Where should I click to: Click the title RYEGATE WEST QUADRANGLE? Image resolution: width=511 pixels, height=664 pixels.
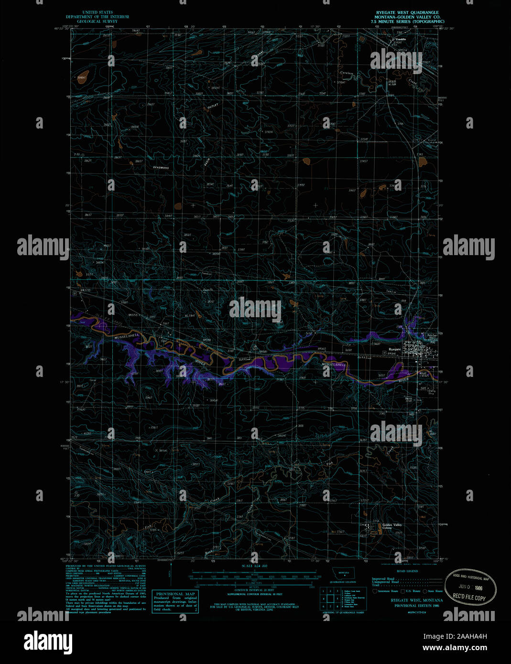[407, 12]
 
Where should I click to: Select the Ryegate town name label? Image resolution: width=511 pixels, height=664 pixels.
[395, 350]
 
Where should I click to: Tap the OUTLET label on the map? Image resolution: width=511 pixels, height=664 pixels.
[213, 107]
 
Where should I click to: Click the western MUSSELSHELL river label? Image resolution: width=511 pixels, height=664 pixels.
[127, 336]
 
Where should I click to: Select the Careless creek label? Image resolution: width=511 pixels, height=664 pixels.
[347, 73]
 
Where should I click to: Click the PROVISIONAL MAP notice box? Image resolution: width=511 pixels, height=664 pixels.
[174, 601]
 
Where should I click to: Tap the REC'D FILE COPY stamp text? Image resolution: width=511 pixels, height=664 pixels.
[469, 598]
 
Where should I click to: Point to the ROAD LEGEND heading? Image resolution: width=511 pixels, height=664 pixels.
[408, 571]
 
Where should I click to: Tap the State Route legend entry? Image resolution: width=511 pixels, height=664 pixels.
[434, 591]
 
